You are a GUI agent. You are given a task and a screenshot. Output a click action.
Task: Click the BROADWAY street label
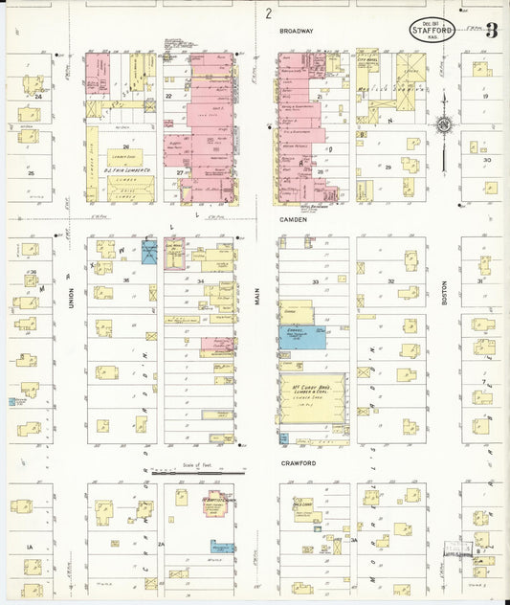coord(297,32)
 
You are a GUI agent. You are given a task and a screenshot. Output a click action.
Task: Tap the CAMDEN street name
coord(292,219)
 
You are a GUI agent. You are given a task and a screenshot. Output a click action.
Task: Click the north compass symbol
coord(444,123)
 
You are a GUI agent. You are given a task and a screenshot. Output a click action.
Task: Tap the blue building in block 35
coord(151,253)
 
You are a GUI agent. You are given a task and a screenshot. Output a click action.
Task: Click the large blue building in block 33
coord(301,337)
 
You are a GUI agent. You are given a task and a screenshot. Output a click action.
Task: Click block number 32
coord(392,281)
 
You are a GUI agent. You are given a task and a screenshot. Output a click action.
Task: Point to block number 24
coord(38,97)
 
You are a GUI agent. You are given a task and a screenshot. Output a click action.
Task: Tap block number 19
coord(485,96)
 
